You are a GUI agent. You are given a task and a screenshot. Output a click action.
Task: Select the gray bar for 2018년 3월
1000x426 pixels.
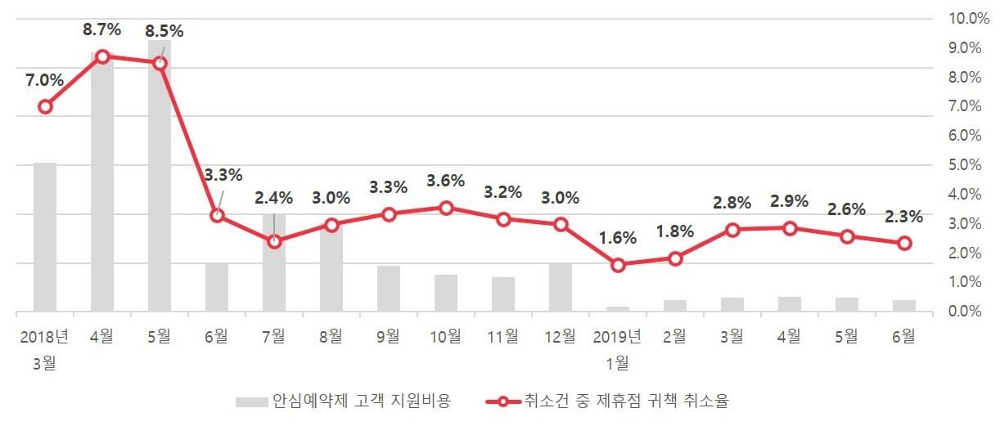(x=45, y=237)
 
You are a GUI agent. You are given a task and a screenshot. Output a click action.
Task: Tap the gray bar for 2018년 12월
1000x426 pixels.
(x=561, y=288)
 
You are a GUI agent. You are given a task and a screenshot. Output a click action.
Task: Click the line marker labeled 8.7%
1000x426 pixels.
(x=102, y=56)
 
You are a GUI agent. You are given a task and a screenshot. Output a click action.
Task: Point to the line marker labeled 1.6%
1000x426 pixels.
(x=618, y=265)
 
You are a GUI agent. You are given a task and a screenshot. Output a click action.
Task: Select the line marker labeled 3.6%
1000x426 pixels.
(x=446, y=208)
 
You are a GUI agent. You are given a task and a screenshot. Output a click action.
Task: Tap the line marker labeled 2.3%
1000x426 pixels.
(x=904, y=243)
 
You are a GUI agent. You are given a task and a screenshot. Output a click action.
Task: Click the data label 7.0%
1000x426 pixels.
(x=44, y=80)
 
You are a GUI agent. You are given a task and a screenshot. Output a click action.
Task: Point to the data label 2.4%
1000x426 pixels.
(x=274, y=197)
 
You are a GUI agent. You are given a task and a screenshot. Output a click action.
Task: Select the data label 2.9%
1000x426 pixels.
(x=789, y=201)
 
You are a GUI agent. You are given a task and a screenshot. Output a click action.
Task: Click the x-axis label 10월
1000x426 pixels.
(x=446, y=335)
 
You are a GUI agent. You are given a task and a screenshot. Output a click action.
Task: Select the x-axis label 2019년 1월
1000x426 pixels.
(x=618, y=348)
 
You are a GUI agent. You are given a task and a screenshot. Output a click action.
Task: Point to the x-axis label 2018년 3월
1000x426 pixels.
(x=45, y=348)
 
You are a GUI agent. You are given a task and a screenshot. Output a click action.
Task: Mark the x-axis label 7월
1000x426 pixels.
(x=274, y=335)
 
